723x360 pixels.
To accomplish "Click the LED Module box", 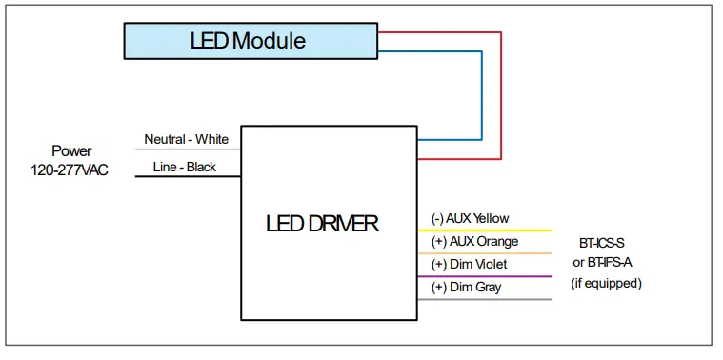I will pos(249,41).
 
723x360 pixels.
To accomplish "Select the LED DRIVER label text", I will pos(322,224).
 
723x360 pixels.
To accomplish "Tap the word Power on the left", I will pos(71,150).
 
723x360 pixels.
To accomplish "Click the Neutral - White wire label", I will pos(186,140).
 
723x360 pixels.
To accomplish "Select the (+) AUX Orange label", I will pos(474,242).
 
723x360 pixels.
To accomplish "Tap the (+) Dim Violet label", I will pos(469,264).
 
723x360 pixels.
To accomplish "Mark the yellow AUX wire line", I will pos(485,230).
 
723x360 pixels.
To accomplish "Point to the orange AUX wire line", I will pos(485,253).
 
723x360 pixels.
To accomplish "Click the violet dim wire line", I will pos(485,276).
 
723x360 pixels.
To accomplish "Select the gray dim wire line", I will pos(485,299).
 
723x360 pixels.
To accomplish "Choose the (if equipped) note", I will pos(606,284).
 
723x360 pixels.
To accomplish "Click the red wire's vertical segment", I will pos(501,95).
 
